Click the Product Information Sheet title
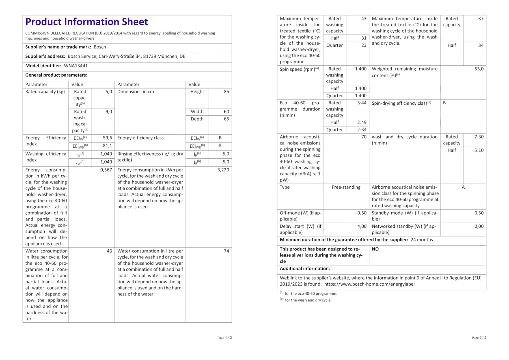(87, 22)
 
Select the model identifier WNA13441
(76, 66)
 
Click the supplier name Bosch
(100, 47)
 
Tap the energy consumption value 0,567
(106, 170)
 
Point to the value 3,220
(223, 170)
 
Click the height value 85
(226, 92)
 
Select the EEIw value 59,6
(107, 138)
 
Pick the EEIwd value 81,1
(107, 146)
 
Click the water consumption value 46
(109, 251)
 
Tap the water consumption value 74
(226, 251)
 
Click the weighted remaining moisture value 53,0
(479, 69)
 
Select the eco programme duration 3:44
(362, 103)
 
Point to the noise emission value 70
(364, 137)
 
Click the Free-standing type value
(346, 187)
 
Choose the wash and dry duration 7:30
(479, 137)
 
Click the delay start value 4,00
(362, 226)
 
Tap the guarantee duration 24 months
(422, 240)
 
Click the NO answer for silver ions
(375, 249)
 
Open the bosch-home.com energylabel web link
(369, 284)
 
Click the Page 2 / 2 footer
(479, 338)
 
